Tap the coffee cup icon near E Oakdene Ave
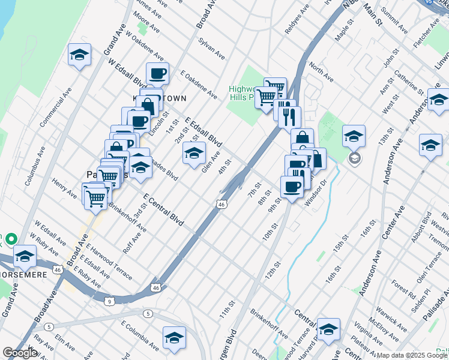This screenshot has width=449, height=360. [157, 74]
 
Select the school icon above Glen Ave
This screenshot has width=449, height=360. [194, 154]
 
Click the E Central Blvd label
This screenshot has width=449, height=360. [163, 209]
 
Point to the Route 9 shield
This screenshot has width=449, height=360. [109, 300]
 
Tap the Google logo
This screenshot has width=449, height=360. [20, 352]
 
